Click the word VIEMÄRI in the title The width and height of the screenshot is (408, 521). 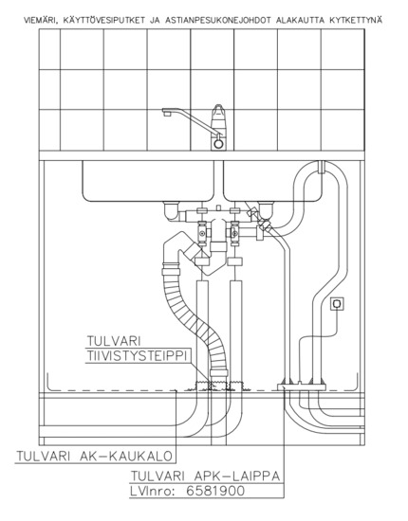point(38,20)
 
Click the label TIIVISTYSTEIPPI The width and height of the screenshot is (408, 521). point(138,355)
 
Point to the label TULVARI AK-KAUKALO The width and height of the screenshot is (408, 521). point(95,457)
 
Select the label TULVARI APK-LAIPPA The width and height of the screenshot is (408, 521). point(205,476)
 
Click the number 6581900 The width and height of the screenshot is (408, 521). point(215,491)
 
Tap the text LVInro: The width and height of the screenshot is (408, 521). point(153,491)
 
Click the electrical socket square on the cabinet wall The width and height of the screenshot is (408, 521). point(337,304)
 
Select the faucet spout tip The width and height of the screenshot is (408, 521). point(166,113)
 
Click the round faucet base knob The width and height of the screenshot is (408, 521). point(218,144)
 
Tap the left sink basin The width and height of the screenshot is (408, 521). point(148,181)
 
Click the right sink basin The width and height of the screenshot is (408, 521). point(270,181)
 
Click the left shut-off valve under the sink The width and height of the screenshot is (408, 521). point(202,234)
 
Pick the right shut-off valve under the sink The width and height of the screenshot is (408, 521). point(235,234)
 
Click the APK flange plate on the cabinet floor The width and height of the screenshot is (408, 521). point(301,386)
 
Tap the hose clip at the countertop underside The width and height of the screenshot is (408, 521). point(321,167)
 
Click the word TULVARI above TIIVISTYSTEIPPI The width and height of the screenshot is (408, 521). point(114,341)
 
